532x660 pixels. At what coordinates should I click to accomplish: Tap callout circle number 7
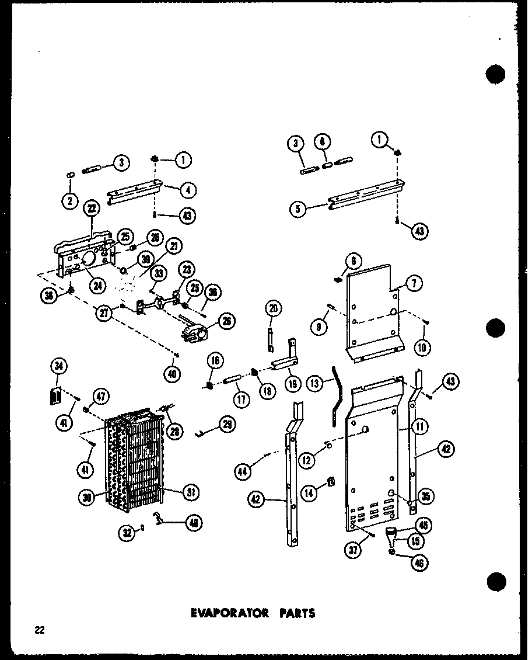click(x=413, y=284)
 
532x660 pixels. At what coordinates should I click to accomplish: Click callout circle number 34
click(x=60, y=367)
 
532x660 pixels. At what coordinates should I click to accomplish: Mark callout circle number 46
click(x=418, y=563)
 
